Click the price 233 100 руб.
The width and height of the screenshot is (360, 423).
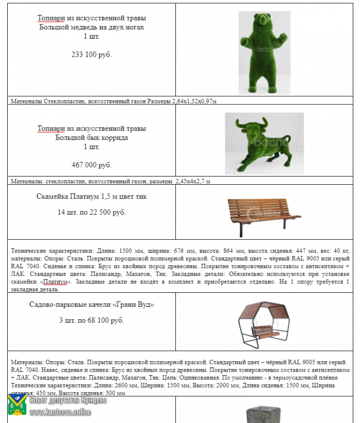91,54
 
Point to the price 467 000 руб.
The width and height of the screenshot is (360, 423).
91,165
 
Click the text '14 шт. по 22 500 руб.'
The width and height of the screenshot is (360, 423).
92,212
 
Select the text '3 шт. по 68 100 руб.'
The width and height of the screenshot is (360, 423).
92,320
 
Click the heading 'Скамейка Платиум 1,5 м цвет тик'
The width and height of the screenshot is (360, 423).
92,196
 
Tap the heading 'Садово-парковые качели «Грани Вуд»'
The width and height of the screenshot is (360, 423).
92,305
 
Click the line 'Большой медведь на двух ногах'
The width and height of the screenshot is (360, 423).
92,27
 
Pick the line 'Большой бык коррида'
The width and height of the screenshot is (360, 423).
92,137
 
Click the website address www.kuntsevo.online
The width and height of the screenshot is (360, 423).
60,412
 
